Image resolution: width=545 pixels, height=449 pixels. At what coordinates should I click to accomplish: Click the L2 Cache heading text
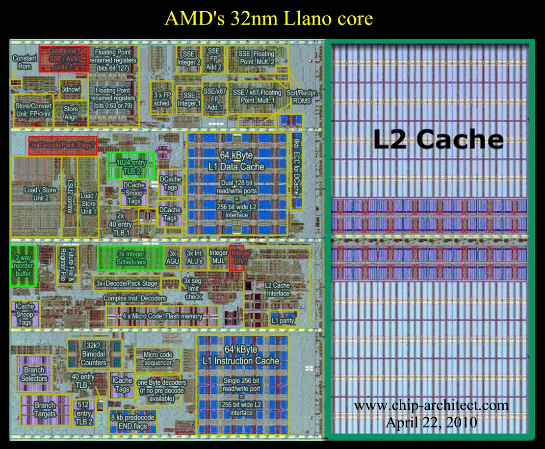pyautogui.click(x=438, y=140)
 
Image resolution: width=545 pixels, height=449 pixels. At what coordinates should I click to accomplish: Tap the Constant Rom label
pyautogui.click(x=24, y=62)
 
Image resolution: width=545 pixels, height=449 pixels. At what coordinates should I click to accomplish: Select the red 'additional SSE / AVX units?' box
pyautogui.click(x=64, y=58)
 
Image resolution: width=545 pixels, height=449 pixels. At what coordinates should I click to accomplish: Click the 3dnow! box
pyautogui.click(x=71, y=90)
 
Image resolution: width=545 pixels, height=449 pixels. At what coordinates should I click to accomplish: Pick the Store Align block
pyautogui.click(x=71, y=113)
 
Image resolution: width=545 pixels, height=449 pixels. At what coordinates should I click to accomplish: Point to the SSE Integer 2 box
pyautogui.click(x=189, y=58)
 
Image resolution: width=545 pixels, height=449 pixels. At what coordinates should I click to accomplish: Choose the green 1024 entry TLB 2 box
pyautogui.click(x=130, y=166)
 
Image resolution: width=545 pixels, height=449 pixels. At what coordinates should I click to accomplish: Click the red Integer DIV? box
pyautogui.click(x=236, y=257)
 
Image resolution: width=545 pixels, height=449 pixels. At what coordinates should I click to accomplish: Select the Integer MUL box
pyautogui.click(x=218, y=257)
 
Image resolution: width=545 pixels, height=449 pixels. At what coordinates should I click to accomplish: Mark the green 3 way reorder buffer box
pyautogui.click(x=23, y=265)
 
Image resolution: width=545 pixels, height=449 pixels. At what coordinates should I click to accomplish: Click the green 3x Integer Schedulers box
pyautogui.click(x=130, y=258)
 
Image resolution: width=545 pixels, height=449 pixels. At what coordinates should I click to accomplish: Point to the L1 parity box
pyautogui.click(x=282, y=321)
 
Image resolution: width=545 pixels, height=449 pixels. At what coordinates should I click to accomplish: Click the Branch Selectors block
pyautogui.click(x=34, y=374)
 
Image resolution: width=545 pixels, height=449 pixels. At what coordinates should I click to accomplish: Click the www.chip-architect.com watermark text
pyautogui.click(x=431, y=406)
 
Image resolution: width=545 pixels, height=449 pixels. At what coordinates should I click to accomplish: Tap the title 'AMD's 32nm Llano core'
pyautogui.click(x=269, y=19)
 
